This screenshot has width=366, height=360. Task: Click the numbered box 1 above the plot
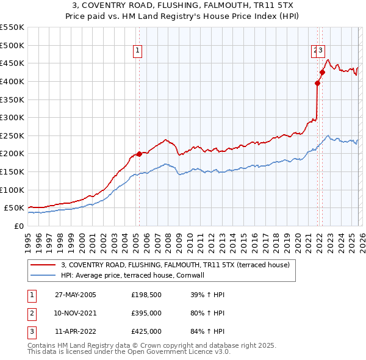[138, 51]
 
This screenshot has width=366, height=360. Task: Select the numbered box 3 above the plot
[321, 51]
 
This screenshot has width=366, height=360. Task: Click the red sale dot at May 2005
[139, 154]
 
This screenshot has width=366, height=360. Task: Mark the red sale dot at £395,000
[317, 83]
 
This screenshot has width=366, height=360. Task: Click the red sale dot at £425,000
[322, 72]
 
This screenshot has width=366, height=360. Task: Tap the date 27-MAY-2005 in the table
[76, 295]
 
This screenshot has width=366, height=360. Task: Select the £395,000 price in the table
[146, 313]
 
